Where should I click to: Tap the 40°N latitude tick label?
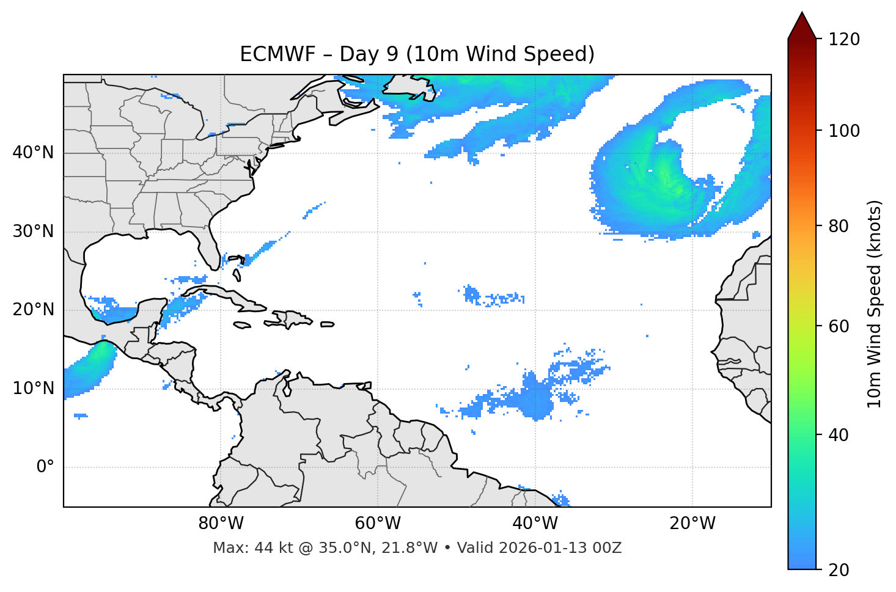[x=33, y=153]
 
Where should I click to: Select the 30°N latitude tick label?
[x=33, y=232]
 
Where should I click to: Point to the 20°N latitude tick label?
[x=33, y=310]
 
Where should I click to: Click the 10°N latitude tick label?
[x=33, y=389]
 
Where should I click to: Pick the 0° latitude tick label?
[x=45, y=467]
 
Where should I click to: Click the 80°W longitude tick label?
[x=221, y=524]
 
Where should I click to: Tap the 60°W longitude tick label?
[x=378, y=524]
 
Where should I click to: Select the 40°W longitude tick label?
[x=535, y=524]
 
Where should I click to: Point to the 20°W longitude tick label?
[x=692, y=524]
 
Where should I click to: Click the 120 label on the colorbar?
[x=844, y=40]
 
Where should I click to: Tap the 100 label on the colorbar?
[x=844, y=131]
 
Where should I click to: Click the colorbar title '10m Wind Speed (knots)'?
[x=875, y=304]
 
